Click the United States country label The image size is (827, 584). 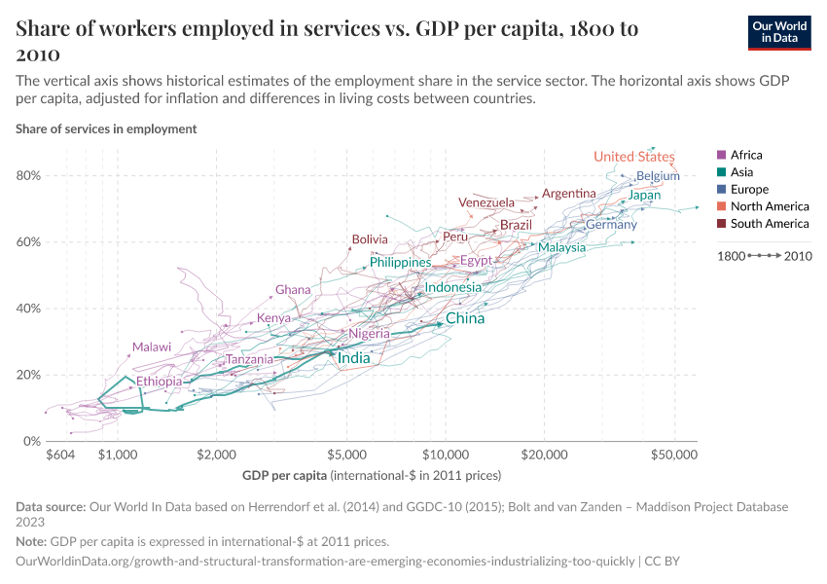(x=633, y=157)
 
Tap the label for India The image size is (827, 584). (x=353, y=359)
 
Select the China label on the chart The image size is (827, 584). (x=464, y=318)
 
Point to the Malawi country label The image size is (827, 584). (x=152, y=347)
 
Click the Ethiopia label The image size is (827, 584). (x=159, y=382)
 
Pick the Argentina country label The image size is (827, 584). (x=568, y=194)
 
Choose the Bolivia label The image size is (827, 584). (x=370, y=239)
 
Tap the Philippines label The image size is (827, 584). (x=400, y=263)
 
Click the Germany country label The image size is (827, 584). (x=611, y=226)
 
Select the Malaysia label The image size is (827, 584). (x=561, y=247)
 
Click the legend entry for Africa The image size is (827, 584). (x=746, y=155)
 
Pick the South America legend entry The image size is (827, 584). (x=770, y=224)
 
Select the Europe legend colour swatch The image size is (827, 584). (x=721, y=190)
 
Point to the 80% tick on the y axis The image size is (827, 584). (x=26, y=176)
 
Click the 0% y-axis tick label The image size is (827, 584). (x=30, y=441)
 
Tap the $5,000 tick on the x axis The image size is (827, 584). (x=346, y=455)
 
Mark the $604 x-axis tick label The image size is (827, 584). (x=60, y=455)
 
